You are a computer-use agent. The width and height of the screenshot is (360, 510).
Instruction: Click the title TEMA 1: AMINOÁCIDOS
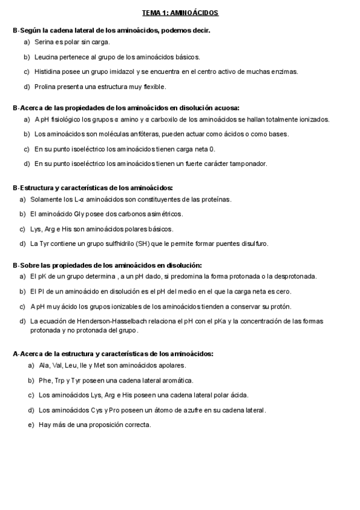click(180, 12)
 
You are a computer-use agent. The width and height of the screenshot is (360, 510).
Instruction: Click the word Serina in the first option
click(44, 42)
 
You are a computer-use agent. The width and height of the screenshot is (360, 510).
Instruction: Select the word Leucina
click(46, 57)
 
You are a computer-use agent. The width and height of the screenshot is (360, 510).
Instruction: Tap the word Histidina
click(48, 72)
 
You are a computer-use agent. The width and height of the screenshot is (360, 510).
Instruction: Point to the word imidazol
click(120, 72)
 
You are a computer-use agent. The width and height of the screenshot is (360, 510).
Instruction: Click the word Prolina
click(46, 87)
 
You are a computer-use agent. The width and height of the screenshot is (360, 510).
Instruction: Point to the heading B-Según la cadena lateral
click(111, 29)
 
